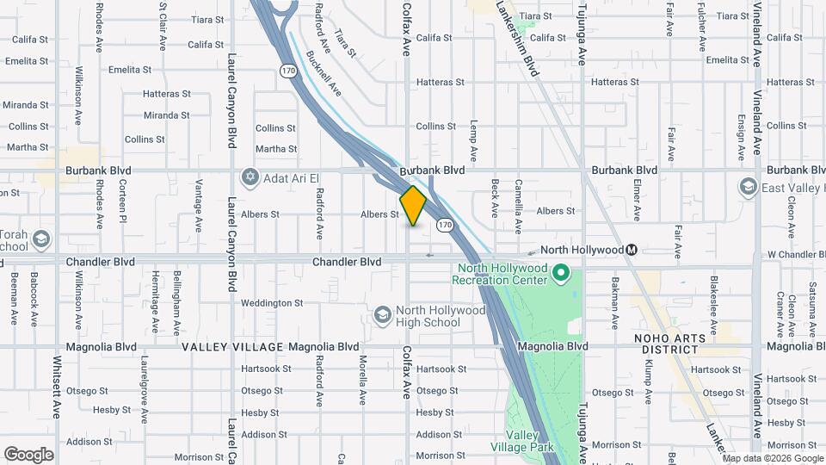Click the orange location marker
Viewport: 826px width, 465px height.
pyautogui.click(x=414, y=206)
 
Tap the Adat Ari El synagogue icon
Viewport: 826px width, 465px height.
pyautogui.click(x=250, y=177)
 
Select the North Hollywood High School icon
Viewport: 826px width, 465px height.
pyautogui.click(x=381, y=316)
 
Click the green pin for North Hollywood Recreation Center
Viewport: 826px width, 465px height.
pyautogui.click(x=561, y=274)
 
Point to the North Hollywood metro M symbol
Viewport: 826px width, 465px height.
pyautogui.click(x=632, y=250)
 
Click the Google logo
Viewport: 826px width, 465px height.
pyautogui.click(x=28, y=455)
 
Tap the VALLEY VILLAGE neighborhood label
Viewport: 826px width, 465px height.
pyautogui.click(x=232, y=347)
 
